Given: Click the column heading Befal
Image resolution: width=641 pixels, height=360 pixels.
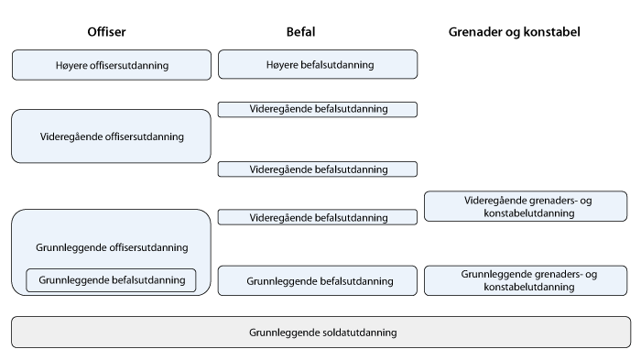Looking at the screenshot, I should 300,32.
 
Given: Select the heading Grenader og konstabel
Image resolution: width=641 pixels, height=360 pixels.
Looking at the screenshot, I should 515,32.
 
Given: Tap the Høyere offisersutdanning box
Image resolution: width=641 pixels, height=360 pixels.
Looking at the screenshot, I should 112,65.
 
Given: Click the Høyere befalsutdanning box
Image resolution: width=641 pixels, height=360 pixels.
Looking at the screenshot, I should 318,65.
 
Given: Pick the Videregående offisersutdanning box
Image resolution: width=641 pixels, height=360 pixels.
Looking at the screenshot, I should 112,136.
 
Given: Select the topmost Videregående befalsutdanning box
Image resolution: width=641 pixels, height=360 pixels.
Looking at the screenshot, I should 318,109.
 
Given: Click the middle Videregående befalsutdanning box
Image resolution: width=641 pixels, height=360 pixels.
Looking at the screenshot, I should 318,169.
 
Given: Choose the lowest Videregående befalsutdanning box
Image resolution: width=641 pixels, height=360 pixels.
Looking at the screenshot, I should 318,218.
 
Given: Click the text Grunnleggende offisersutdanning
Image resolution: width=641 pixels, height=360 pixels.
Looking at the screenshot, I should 112,247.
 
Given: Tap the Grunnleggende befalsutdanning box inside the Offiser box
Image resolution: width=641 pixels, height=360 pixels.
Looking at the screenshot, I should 112,280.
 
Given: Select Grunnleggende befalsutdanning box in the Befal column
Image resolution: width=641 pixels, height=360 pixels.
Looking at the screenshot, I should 318,280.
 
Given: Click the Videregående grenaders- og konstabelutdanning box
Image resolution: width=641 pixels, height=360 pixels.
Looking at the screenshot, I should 527,206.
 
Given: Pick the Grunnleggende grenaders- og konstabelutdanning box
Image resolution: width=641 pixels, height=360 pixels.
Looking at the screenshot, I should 527,280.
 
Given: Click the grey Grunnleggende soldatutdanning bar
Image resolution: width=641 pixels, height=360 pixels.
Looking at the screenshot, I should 321,333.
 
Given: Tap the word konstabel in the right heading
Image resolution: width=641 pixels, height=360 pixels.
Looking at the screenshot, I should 555,32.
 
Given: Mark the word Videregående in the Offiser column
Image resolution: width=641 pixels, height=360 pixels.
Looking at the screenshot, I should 70,136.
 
